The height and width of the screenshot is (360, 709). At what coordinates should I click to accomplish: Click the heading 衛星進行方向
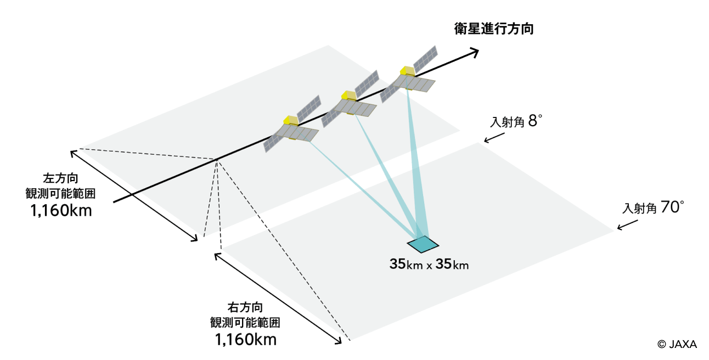click(x=494, y=29)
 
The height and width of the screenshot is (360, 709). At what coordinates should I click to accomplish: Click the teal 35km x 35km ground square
click(x=423, y=244)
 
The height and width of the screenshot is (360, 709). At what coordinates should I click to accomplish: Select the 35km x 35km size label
click(x=429, y=264)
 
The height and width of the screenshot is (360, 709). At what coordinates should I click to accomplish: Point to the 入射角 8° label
click(x=516, y=121)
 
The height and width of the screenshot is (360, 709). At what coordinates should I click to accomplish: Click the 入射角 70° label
click(x=652, y=207)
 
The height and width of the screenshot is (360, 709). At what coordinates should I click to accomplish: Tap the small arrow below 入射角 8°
click(x=494, y=138)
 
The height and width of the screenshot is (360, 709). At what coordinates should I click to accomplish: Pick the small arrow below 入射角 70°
click(x=627, y=225)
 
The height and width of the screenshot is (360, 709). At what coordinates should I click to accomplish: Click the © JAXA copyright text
click(x=677, y=344)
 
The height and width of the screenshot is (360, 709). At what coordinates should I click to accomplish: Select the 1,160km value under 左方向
click(x=61, y=211)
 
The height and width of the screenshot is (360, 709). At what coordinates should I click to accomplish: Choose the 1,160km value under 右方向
click(x=246, y=339)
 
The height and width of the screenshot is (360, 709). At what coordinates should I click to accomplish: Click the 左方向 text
click(x=60, y=178)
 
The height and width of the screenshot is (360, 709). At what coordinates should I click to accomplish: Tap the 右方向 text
click(x=245, y=307)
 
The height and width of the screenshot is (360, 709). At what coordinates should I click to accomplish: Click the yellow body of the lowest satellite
click(x=290, y=121)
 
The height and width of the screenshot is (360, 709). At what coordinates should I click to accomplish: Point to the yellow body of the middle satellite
click(x=349, y=95)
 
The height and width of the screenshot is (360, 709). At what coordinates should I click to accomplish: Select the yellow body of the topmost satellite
click(x=407, y=71)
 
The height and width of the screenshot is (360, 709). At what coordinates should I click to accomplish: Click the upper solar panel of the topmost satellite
click(x=425, y=59)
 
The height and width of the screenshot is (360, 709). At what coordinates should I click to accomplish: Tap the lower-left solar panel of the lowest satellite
click(x=272, y=144)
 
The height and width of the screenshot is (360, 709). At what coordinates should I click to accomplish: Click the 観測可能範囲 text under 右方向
click(x=245, y=323)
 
